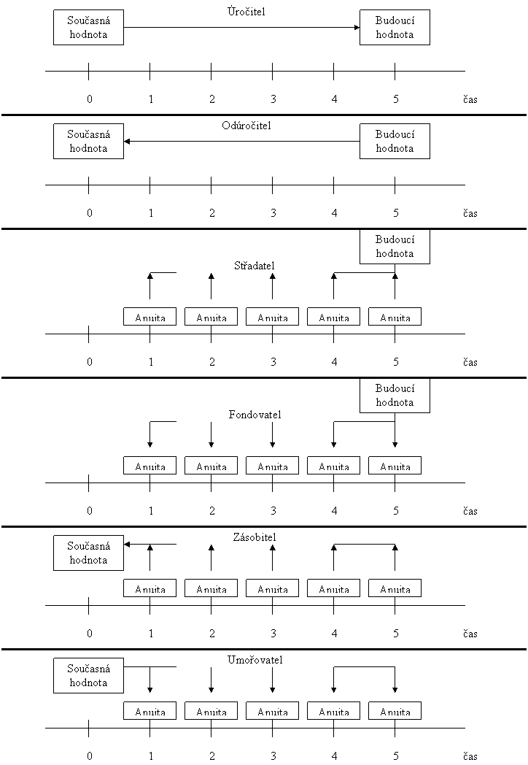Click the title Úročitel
click(x=246, y=11)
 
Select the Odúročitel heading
click(x=246, y=126)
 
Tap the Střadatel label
click(x=255, y=266)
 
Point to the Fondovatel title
click(x=255, y=415)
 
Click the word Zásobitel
click(x=255, y=537)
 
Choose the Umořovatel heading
click(x=255, y=660)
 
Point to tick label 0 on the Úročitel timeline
click(x=89, y=99)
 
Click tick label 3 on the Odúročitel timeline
click(x=273, y=212)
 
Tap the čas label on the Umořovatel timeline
click(x=470, y=756)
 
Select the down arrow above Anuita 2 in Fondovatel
click(x=211, y=434)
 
